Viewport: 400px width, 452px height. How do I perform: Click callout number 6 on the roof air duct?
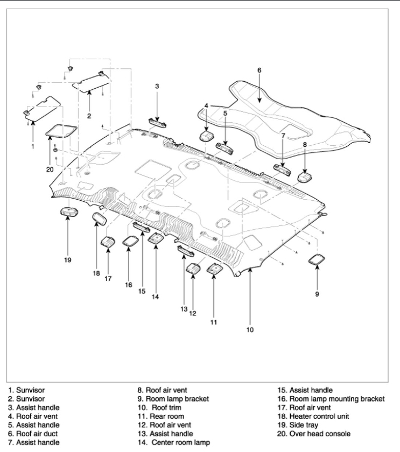[x=259, y=70]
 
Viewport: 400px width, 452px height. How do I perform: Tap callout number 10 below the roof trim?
[x=250, y=329]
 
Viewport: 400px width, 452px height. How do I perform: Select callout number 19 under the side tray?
[x=67, y=260]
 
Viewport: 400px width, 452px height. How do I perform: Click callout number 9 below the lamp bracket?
[x=317, y=294]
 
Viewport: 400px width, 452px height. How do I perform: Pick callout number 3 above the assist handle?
[x=157, y=86]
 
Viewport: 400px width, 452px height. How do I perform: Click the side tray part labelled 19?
[x=67, y=211]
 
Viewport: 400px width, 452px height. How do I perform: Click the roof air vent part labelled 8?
[x=305, y=175]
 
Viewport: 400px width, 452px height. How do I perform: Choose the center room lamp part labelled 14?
[x=156, y=239]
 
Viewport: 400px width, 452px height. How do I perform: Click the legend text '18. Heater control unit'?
[x=322, y=416]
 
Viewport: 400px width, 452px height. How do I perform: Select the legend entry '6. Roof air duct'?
[x=168, y=433]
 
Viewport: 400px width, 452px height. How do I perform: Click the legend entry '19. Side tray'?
[x=303, y=425]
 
